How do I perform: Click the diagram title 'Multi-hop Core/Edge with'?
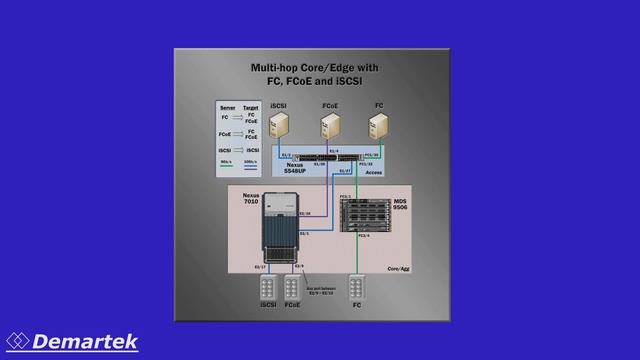(x=314, y=68)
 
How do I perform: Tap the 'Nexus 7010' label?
(x=250, y=198)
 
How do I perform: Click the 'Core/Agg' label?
(x=399, y=268)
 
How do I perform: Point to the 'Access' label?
(x=374, y=172)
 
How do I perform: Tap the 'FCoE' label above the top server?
(x=330, y=105)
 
